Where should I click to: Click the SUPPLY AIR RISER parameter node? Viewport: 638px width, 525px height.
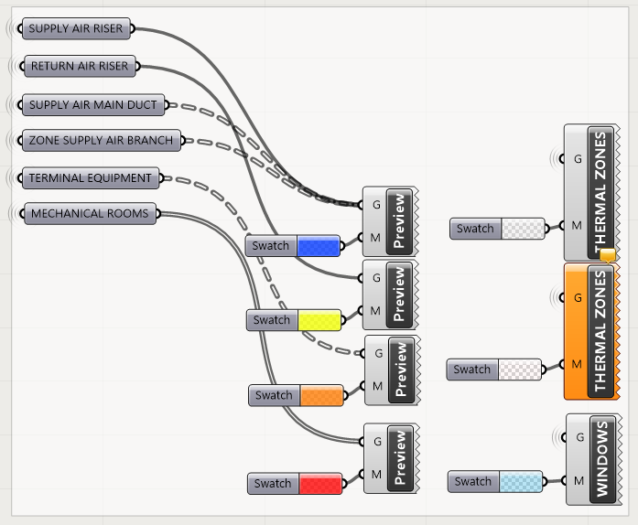pos(75,29)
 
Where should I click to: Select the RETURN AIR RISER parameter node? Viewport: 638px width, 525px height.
pos(79,66)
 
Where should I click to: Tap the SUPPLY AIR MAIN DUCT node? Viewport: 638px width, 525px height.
pos(92,105)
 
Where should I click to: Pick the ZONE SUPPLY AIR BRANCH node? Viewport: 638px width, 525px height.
pos(101,141)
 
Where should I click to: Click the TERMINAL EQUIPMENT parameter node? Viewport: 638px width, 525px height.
pos(90,177)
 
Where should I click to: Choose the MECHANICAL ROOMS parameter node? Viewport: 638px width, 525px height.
pos(89,214)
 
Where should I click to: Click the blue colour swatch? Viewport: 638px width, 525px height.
pos(319,245)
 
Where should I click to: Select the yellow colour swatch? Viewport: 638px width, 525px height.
pos(319,320)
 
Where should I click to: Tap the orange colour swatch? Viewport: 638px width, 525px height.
pos(320,395)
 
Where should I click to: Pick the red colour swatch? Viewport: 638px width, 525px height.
pos(320,484)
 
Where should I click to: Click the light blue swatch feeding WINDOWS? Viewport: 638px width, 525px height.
pos(520,481)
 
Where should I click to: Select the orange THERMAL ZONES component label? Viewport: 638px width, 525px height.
pos(600,331)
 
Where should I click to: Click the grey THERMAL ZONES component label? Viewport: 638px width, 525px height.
pos(600,192)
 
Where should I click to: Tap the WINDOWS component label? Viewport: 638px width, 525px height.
pos(601,459)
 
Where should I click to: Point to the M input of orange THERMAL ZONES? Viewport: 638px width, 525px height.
pos(576,364)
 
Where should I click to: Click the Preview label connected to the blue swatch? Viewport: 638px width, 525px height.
pos(398,220)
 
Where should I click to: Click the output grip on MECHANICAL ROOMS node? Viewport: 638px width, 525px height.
pos(159,214)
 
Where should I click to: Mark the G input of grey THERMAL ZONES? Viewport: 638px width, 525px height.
pos(577,158)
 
